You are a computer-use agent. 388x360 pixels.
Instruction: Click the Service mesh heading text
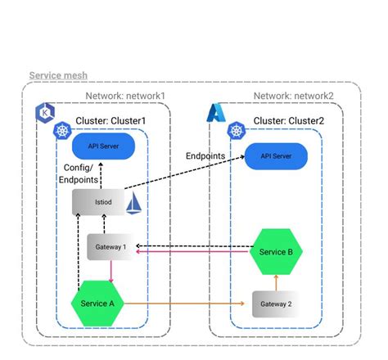pyautogui.click(x=58, y=75)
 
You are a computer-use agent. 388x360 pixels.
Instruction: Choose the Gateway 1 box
pyautogui.click(x=111, y=246)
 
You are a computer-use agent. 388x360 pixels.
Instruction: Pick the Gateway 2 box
pyautogui.click(x=277, y=304)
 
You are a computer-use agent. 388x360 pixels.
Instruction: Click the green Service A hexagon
pyautogui.click(x=97, y=303)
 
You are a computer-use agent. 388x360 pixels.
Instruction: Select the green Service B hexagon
pyautogui.click(x=277, y=251)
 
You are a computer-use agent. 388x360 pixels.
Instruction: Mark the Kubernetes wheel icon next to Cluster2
pyautogui.click(x=238, y=130)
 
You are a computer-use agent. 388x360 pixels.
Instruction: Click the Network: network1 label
pyautogui.click(x=125, y=96)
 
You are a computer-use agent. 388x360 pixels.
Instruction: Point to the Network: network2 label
pyautogui.click(x=293, y=96)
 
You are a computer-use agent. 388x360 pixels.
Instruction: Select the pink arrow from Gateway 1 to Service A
pyautogui.click(x=111, y=269)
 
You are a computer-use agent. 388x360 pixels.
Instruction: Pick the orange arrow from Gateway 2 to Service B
pyautogui.click(x=277, y=281)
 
